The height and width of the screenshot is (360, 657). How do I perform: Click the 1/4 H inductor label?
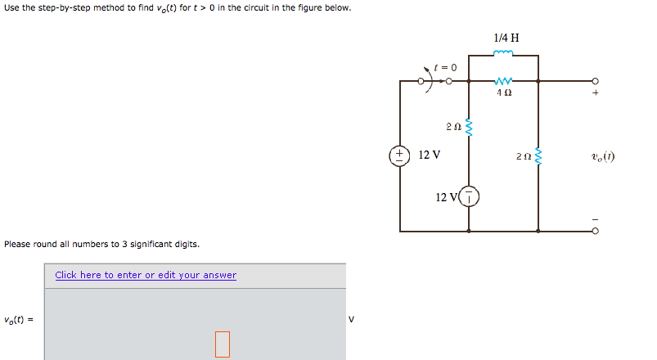[506, 38]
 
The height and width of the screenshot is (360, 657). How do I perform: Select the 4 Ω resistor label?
[505, 93]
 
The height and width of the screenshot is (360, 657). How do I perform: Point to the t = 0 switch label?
[446, 66]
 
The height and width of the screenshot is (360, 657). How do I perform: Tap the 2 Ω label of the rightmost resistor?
[523, 155]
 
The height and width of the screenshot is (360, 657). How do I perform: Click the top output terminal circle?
[595, 81]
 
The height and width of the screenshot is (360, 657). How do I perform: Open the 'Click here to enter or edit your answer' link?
[146, 275]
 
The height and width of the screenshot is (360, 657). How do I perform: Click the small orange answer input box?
[223, 344]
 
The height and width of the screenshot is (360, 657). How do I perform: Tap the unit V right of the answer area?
[352, 319]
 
